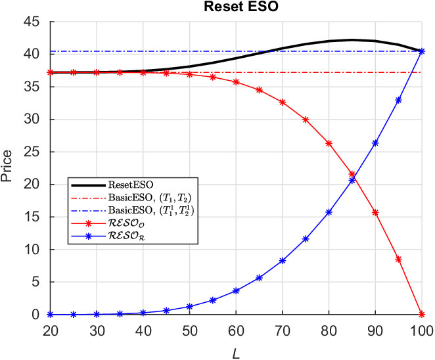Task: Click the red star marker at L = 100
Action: [x=422, y=315]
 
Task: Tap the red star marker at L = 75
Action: [x=306, y=120]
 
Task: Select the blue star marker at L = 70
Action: [x=283, y=261]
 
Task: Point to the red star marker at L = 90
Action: [x=375, y=213]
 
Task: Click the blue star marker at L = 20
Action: [x=50, y=315]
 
